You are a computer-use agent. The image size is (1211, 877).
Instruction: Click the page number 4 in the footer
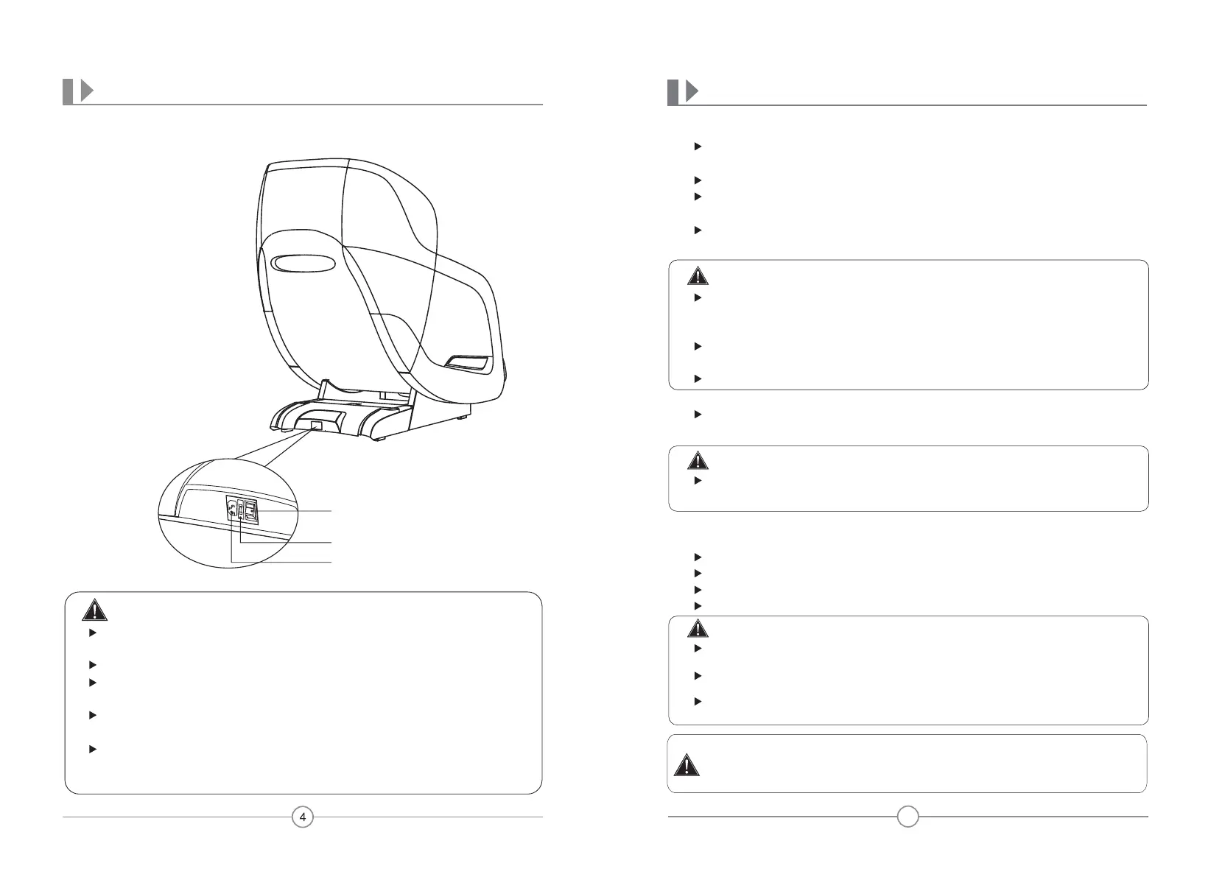pos(303,817)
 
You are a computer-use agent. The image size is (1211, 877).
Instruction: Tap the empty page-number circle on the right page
pos(908,817)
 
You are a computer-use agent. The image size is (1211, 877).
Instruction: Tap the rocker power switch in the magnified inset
pos(251,510)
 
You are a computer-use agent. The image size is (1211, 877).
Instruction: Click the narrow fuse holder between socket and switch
pos(240,510)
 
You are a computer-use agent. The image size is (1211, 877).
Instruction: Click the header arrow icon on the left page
pos(87,91)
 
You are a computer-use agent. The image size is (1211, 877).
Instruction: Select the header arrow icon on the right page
pos(692,91)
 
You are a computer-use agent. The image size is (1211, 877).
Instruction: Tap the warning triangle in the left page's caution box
pos(93,611)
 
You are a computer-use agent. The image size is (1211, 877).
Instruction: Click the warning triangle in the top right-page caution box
pos(697,277)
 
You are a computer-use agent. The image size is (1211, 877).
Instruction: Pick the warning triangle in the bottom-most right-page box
pos(687,766)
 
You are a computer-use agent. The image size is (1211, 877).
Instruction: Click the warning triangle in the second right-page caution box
pos(697,462)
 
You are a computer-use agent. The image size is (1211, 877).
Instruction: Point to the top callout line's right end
pos(331,510)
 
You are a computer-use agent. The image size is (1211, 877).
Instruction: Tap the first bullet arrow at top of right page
pos(697,147)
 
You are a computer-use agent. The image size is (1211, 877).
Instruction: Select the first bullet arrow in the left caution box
pos(92,633)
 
